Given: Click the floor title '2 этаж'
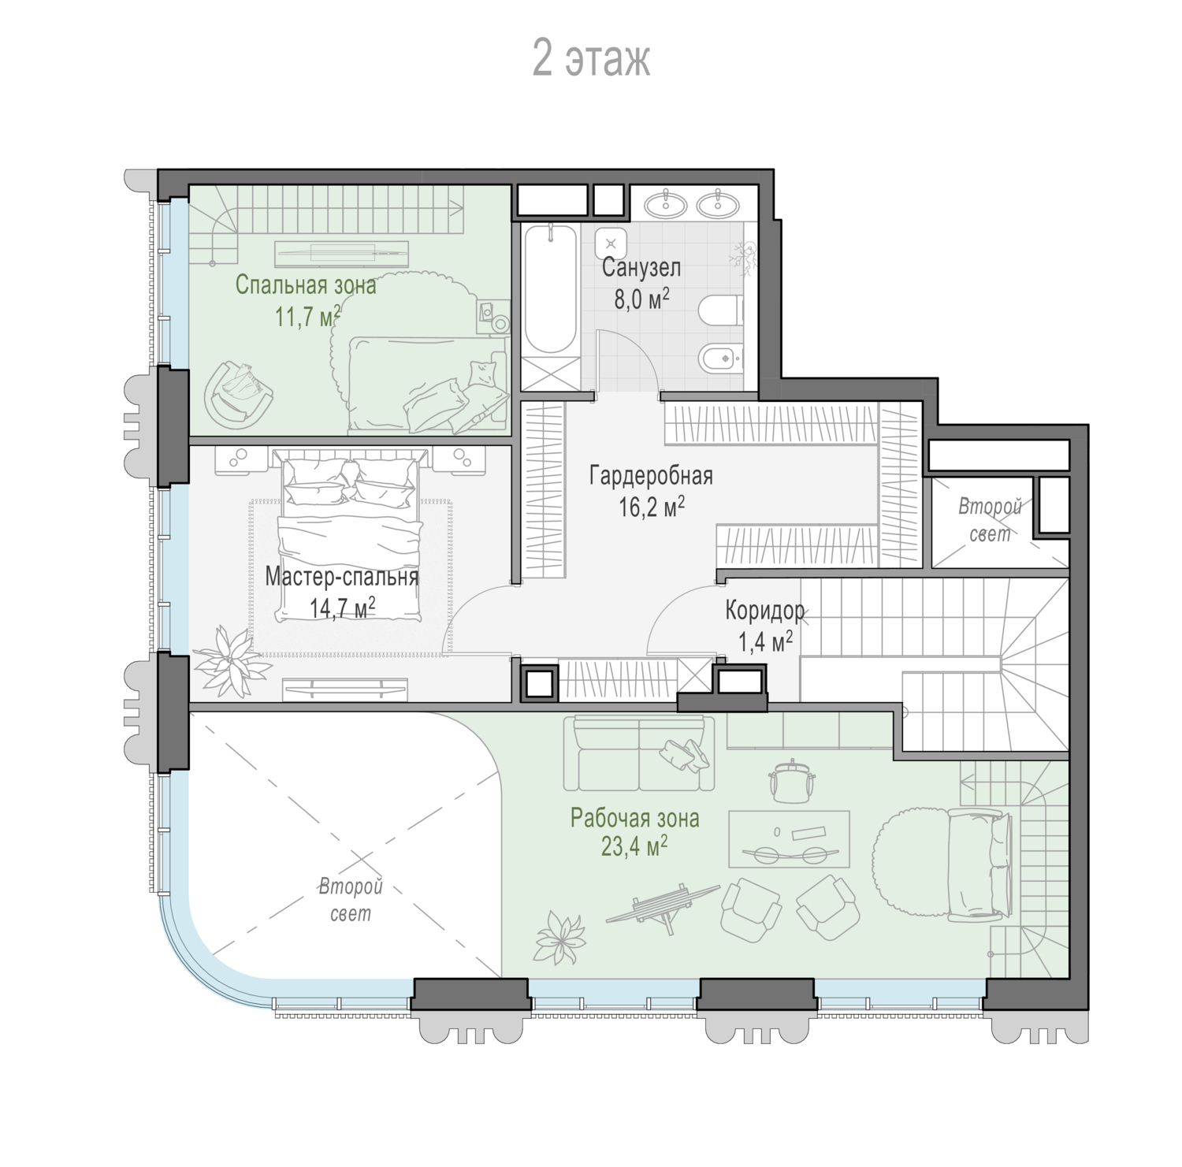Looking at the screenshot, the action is click(591, 58).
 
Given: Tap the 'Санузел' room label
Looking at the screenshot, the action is click(641, 268).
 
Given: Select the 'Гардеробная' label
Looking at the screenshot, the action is click(651, 476).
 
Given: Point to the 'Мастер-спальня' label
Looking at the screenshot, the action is click(341, 577).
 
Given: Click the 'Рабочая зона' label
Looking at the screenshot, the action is click(634, 818).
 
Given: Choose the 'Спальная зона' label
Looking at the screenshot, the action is click(306, 284).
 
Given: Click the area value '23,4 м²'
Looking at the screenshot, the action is click(634, 847).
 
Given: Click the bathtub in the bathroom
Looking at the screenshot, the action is click(550, 289).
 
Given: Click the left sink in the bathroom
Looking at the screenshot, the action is click(666, 205).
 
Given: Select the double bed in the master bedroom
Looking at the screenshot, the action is click(348, 537).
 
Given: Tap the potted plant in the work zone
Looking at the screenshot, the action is click(561, 936).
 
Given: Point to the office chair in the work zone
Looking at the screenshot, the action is click(790, 778).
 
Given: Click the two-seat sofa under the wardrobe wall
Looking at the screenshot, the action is click(639, 753).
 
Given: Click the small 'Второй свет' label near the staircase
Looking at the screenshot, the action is click(989, 520).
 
